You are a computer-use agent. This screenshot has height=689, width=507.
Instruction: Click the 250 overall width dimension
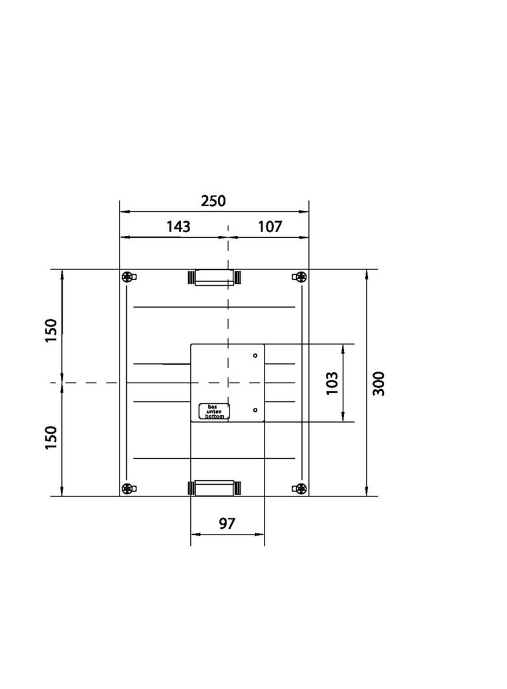(213, 201)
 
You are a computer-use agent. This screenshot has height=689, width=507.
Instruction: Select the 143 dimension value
(178, 227)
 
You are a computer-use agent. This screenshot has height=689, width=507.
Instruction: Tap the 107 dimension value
(270, 227)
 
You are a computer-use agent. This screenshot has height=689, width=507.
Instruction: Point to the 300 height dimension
(379, 383)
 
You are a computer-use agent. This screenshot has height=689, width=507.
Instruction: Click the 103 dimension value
(332, 383)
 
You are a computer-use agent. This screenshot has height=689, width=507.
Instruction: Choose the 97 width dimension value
(227, 524)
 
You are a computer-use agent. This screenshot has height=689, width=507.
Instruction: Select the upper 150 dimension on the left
(52, 330)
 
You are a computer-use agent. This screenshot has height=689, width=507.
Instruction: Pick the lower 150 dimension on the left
(52, 438)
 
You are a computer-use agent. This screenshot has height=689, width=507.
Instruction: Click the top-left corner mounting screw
(128, 277)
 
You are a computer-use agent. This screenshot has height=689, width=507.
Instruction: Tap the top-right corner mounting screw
(300, 277)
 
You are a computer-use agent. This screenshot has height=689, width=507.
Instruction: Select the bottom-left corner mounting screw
(128, 488)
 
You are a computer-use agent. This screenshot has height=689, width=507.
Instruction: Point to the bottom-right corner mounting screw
(300, 488)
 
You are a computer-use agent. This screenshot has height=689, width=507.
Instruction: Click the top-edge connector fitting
(214, 278)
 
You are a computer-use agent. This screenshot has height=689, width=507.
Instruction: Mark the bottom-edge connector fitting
(214, 487)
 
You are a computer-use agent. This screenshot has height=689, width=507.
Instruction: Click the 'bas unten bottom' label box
(214, 412)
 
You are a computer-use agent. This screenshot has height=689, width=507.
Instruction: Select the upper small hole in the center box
(255, 355)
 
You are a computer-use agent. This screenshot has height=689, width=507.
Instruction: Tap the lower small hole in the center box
(255, 410)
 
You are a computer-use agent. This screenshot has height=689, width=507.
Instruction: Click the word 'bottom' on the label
(214, 417)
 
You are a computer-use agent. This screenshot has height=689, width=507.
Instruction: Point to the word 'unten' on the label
(214, 412)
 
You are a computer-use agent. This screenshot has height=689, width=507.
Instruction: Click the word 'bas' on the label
(214, 407)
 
